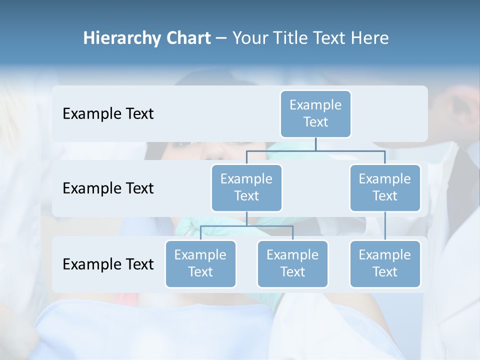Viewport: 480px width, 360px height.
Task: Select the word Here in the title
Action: [370, 38]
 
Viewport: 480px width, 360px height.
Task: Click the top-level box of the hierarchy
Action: [315, 113]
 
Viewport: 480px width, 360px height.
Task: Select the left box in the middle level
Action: [246, 187]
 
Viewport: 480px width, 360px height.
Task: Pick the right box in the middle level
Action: [385, 187]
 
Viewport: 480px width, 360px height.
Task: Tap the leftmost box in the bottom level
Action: [200, 263]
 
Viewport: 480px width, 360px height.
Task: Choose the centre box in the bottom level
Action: [292, 263]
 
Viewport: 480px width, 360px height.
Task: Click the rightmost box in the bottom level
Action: [385, 263]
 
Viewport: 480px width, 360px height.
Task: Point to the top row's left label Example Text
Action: [108, 113]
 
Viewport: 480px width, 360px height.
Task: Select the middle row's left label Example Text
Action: [108, 188]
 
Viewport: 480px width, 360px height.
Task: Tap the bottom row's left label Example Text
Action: [108, 264]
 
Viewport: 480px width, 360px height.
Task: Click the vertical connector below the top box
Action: [315, 144]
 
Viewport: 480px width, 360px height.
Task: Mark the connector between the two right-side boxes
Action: [385, 226]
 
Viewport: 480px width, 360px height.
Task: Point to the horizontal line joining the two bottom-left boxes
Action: [246, 226]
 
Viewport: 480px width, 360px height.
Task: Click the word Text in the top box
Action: [315, 122]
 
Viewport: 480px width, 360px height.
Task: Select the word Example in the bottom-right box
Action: [385, 255]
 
